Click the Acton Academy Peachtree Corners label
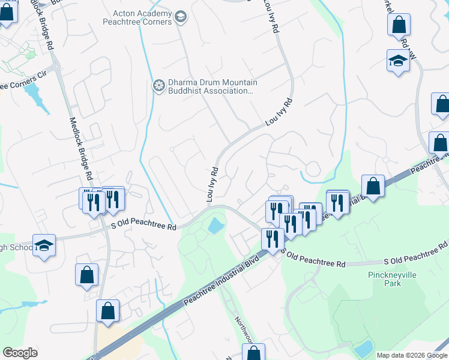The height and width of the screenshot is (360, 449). tap(142, 18)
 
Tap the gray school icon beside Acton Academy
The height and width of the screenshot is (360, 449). tap(181, 18)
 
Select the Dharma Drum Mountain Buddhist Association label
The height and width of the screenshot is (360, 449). tap(210, 86)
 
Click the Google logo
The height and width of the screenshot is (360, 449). tap(20, 352)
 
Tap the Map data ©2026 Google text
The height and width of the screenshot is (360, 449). tap(412, 355)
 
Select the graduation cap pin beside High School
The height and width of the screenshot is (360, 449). tap(44, 245)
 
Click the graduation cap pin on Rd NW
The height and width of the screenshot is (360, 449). tap(397, 61)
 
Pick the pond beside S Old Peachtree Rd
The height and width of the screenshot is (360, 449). tap(214, 226)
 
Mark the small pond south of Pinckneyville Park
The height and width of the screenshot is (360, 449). tap(363, 348)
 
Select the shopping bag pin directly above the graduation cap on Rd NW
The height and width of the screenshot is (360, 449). tap(399, 25)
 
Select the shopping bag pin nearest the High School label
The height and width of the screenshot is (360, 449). tap(86, 275)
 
